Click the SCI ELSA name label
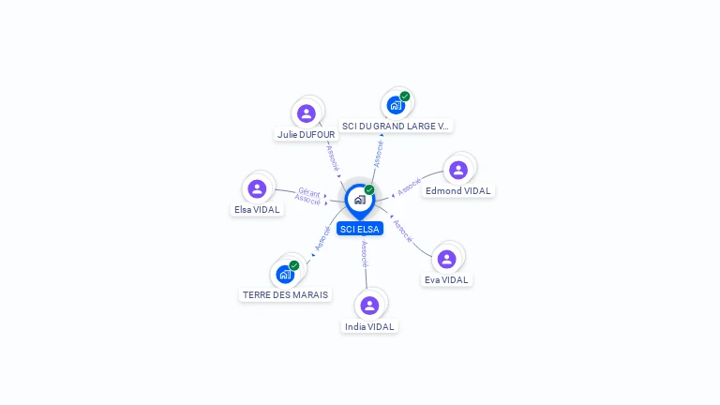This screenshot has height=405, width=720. [360, 229]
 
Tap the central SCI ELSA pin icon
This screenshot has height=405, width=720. [360, 201]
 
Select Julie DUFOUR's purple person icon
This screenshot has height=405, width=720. [307, 113]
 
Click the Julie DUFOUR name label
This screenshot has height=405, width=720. [307, 135]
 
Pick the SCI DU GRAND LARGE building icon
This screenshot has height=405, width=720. [396, 106]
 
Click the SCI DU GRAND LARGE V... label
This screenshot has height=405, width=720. [396, 126]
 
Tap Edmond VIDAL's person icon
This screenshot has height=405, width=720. [458, 170]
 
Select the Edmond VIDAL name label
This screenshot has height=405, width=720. [458, 190]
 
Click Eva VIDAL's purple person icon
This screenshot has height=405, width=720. [446, 259]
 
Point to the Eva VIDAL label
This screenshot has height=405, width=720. [446, 279]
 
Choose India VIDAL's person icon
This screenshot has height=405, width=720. [369, 306]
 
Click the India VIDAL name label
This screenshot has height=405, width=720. [369, 326]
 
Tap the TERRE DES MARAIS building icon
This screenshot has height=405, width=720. [285, 275]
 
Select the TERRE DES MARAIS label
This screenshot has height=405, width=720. [285, 294]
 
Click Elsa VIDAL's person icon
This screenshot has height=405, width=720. [257, 188]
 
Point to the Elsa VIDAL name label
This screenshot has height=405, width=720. [257, 209]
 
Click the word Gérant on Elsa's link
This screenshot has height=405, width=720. [309, 192]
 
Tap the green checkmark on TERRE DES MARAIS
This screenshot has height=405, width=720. [294, 265]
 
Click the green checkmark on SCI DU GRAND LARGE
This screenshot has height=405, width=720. [405, 97]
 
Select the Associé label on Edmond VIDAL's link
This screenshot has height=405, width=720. [409, 187]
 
